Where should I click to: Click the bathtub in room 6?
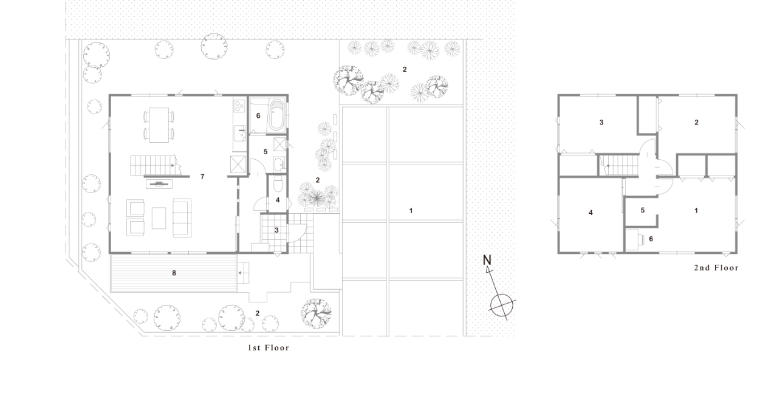click(276, 115)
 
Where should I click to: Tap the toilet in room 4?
click(278, 184)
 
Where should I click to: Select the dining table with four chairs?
click(159, 125)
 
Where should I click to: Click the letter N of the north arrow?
click(487, 260)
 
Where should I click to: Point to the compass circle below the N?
click(501, 306)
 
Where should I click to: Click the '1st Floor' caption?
click(269, 347)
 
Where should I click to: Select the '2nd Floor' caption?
click(716, 268)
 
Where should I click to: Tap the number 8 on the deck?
click(174, 273)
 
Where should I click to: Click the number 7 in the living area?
click(202, 177)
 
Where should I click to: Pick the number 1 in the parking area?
click(411, 211)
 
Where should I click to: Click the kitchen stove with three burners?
click(239, 106)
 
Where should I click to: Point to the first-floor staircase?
click(154, 165)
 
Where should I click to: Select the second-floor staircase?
click(620, 165)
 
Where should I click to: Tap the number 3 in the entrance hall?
click(276, 230)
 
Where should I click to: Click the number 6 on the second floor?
click(651, 239)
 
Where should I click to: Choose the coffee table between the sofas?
click(159, 218)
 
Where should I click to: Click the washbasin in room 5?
click(279, 164)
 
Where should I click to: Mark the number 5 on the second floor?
click(642, 210)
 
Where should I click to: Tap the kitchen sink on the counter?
click(239, 133)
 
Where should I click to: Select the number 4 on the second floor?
click(590, 213)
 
